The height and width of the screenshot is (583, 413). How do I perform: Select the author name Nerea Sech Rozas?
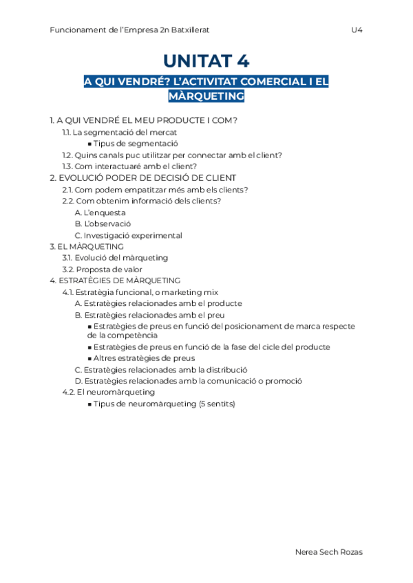click(328, 552)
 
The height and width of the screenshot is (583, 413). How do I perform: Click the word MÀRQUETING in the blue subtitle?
click(206, 96)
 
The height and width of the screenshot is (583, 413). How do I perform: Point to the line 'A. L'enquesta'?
click(100, 212)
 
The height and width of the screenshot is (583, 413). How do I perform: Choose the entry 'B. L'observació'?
click(103, 223)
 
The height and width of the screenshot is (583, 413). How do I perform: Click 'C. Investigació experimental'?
click(128, 235)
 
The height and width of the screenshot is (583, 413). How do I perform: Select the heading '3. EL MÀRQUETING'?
click(87, 246)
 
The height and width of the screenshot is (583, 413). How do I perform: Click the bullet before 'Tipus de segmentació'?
click(90, 144)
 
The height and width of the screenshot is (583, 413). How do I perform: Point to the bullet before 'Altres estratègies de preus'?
click(90, 358)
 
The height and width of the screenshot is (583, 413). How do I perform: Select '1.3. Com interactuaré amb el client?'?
click(129, 166)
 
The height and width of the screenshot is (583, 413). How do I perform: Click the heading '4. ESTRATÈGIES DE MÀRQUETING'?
click(115, 280)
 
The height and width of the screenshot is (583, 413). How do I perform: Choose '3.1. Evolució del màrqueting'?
click(115, 258)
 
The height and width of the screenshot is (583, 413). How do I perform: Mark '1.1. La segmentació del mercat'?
click(119, 133)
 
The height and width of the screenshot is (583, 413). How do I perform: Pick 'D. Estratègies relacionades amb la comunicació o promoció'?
click(188, 381)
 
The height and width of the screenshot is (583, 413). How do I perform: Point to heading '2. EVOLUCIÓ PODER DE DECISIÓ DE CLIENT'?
click(143, 178)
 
